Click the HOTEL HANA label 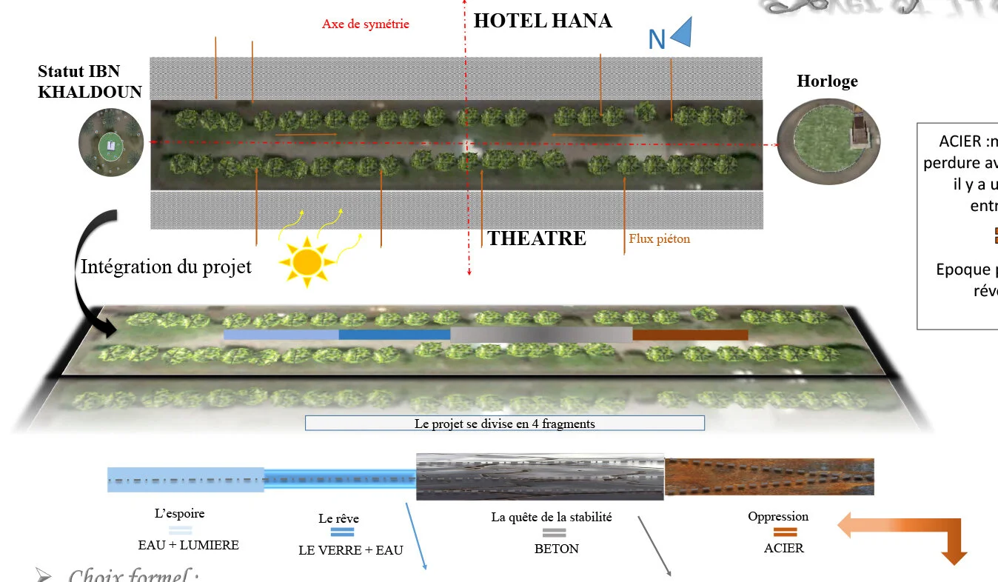543,21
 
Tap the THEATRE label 537,238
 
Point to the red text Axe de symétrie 365,24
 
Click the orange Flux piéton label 659,239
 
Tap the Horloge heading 827,81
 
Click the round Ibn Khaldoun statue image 111,142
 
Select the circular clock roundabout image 828,141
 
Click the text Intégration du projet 166,267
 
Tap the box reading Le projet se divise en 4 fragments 504,424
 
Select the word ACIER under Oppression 783,548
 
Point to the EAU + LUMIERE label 188,545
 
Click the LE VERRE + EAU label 350,550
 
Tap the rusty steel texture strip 769,477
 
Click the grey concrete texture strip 540,476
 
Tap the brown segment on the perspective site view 690,335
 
